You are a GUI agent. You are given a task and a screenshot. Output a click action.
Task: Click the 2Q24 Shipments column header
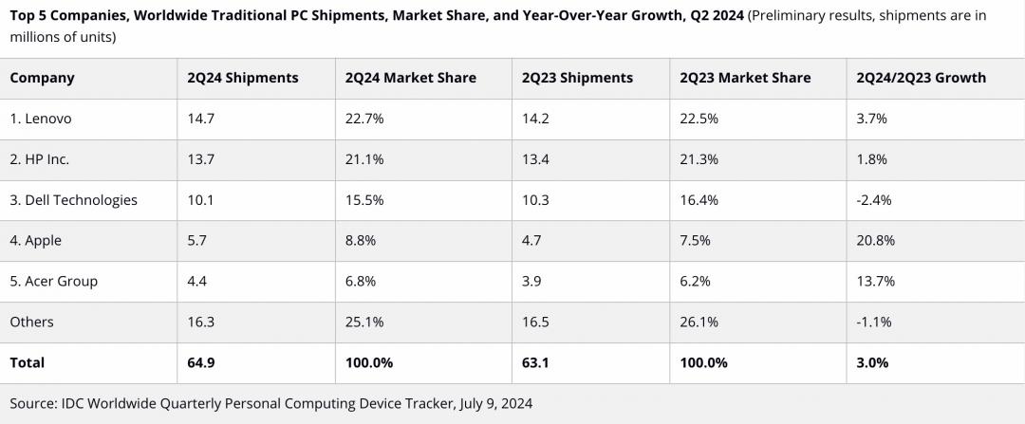pyautogui.click(x=243, y=78)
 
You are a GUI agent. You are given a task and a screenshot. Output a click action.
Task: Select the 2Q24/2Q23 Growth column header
pyautogui.click(x=921, y=78)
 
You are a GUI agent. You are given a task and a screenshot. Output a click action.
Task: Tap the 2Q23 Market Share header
pyautogui.click(x=745, y=78)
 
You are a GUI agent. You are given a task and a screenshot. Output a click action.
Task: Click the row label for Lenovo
pyautogui.click(x=41, y=119)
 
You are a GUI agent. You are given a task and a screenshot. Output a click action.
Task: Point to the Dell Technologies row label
pyautogui.click(x=73, y=200)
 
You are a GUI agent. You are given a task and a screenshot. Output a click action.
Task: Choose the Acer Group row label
pyautogui.click(x=53, y=281)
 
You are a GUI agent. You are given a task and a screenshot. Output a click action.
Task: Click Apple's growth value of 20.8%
pyautogui.click(x=875, y=241)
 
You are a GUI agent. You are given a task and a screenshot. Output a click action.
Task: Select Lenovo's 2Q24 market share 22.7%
pyautogui.click(x=364, y=119)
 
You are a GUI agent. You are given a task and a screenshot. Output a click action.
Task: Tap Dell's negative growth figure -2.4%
pyautogui.click(x=873, y=200)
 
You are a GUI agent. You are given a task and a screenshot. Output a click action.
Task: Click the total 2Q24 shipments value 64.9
pyautogui.click(x=201, y=362)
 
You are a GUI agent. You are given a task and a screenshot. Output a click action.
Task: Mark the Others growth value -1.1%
pyautogui.click(x=873, y=322)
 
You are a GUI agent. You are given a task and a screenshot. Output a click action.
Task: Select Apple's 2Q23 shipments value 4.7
pyautogui.click(x=531, y=241)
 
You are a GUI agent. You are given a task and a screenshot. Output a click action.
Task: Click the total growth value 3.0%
pyautogui.click(x=871, y=362)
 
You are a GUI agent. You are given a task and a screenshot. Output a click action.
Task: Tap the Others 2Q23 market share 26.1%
pyautogui.click(x=699, y=322)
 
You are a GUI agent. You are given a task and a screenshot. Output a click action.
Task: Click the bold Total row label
pyautogui.click(x=27, y=362)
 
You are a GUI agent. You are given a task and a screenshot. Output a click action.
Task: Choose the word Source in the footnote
pyautogui.click(x=33, y=403)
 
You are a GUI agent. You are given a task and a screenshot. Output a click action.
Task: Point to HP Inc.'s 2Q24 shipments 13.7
pyautogui.click(x=201, y=159)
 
